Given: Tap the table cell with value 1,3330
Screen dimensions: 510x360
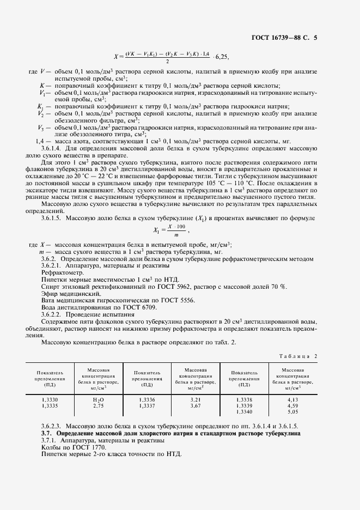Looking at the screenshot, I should point(50,400).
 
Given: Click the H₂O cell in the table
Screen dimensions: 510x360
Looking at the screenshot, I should point(99,400).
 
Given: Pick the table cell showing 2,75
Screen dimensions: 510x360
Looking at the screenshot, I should point(99,406).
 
